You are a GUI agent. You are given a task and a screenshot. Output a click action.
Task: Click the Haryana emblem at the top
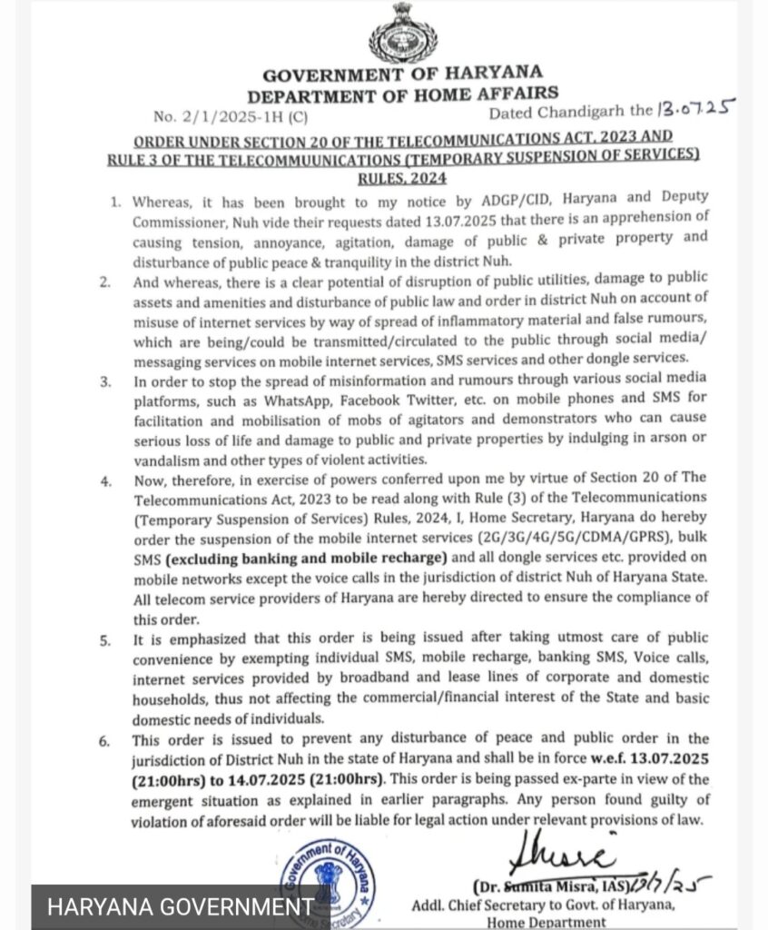tap(401, 33)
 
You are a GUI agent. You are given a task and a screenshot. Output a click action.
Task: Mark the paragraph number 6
tap(107, 740)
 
